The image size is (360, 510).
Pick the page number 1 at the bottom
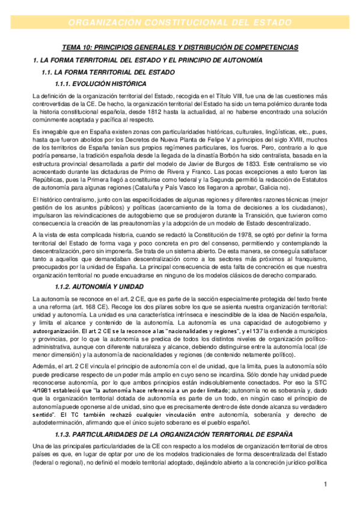325,485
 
